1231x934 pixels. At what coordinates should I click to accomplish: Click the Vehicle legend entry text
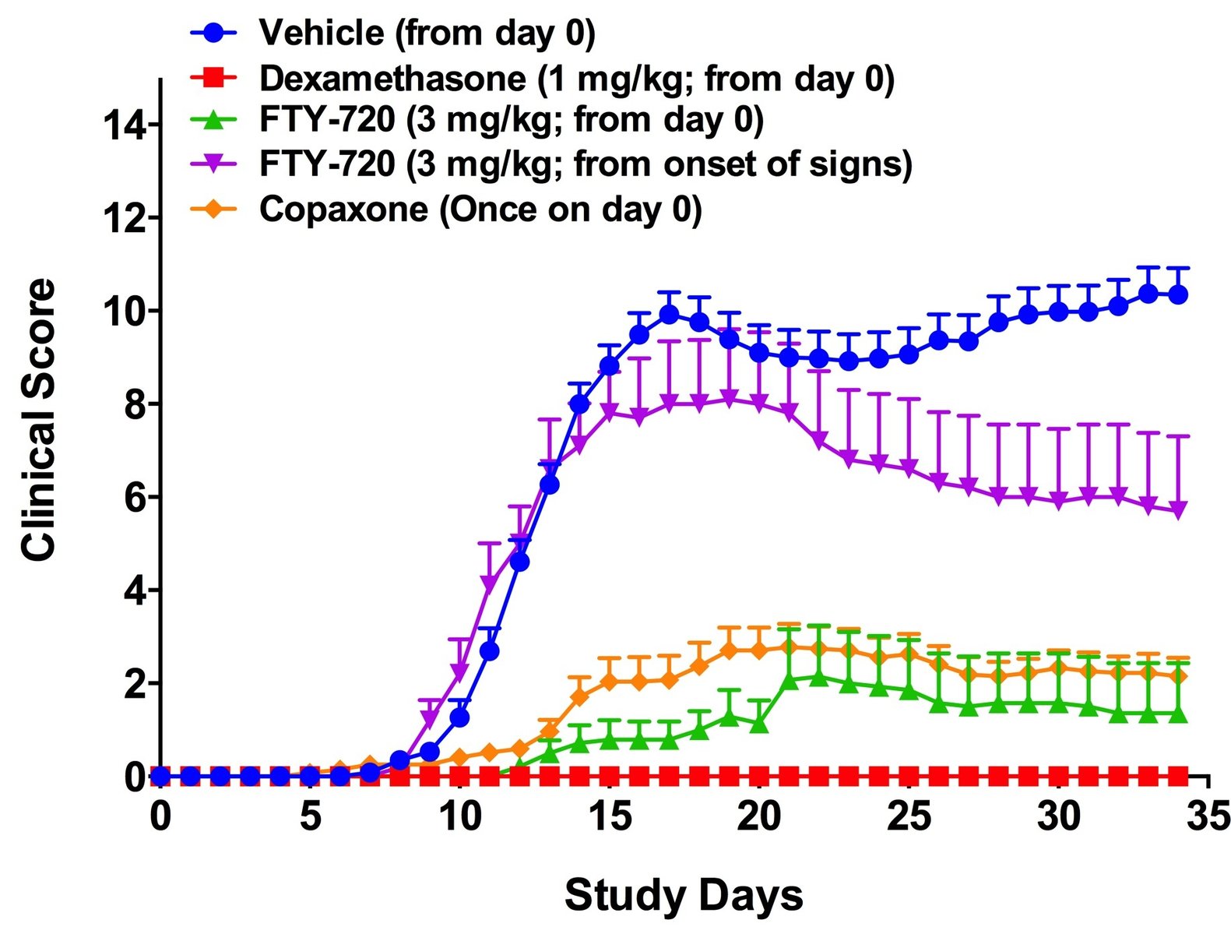(427, 33)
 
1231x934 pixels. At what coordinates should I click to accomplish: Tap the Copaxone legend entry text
(480, 210)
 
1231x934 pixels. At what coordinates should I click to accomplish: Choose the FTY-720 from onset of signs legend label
(586, 164)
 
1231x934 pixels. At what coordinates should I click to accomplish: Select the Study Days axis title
(683, 895)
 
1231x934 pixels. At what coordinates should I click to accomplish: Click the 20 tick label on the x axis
(759, 817)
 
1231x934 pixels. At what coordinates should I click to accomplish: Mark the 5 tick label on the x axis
(310, 817)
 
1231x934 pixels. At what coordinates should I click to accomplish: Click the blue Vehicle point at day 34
(1178, 294)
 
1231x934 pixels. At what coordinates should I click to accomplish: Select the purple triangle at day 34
(1178, 510)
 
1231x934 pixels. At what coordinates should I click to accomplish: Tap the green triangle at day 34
(1178, 713)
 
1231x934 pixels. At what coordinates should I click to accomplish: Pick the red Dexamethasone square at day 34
(1178, 776)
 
